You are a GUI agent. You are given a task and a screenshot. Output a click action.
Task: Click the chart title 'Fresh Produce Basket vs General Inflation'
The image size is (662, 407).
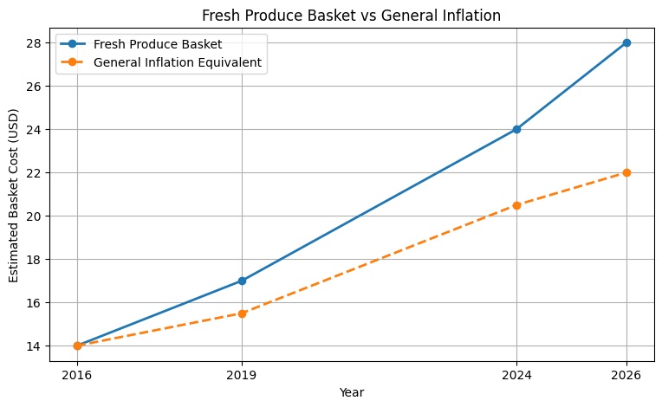(x=351, y=16)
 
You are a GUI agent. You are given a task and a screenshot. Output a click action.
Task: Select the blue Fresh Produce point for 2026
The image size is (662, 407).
(x=626, y=42)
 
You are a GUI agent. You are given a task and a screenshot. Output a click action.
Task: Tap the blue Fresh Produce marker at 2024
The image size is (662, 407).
(x=516, y=129)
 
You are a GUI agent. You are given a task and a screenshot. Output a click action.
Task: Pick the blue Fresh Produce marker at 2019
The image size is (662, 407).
(x=242, y=281)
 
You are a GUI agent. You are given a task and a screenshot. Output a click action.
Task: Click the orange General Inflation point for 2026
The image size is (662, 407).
(x=626, y=172)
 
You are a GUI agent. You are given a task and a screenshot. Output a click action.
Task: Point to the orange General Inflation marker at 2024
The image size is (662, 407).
(x=516, y=205)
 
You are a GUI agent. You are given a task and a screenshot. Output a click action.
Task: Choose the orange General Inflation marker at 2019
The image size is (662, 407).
(x=242, y=313)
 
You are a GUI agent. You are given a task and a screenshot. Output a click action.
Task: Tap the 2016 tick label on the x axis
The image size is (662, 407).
(x=77, y=375)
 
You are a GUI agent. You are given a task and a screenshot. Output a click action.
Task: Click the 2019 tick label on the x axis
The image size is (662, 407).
(x=242, y=375)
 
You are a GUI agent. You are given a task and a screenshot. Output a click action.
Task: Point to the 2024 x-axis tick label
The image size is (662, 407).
(x=516, y=375)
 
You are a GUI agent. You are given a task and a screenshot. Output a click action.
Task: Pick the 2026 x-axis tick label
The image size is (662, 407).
(x=626, y=375)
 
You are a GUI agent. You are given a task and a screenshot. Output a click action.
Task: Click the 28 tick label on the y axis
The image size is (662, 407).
(x=34, y=43)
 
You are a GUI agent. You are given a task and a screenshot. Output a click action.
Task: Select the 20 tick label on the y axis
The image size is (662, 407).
(x=34, y=216)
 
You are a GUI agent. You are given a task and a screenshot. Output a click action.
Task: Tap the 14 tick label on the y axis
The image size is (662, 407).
(x=34, y=346)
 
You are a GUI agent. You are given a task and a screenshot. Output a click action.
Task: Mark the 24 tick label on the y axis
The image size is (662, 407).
(x=34, y=130)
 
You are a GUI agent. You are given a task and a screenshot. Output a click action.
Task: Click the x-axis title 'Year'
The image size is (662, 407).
(x=351, y=392)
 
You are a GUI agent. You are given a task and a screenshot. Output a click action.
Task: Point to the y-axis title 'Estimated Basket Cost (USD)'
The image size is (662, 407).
(x=14, y=196)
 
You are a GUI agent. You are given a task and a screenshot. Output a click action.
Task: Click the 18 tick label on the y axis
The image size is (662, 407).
(x=34, y=260)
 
